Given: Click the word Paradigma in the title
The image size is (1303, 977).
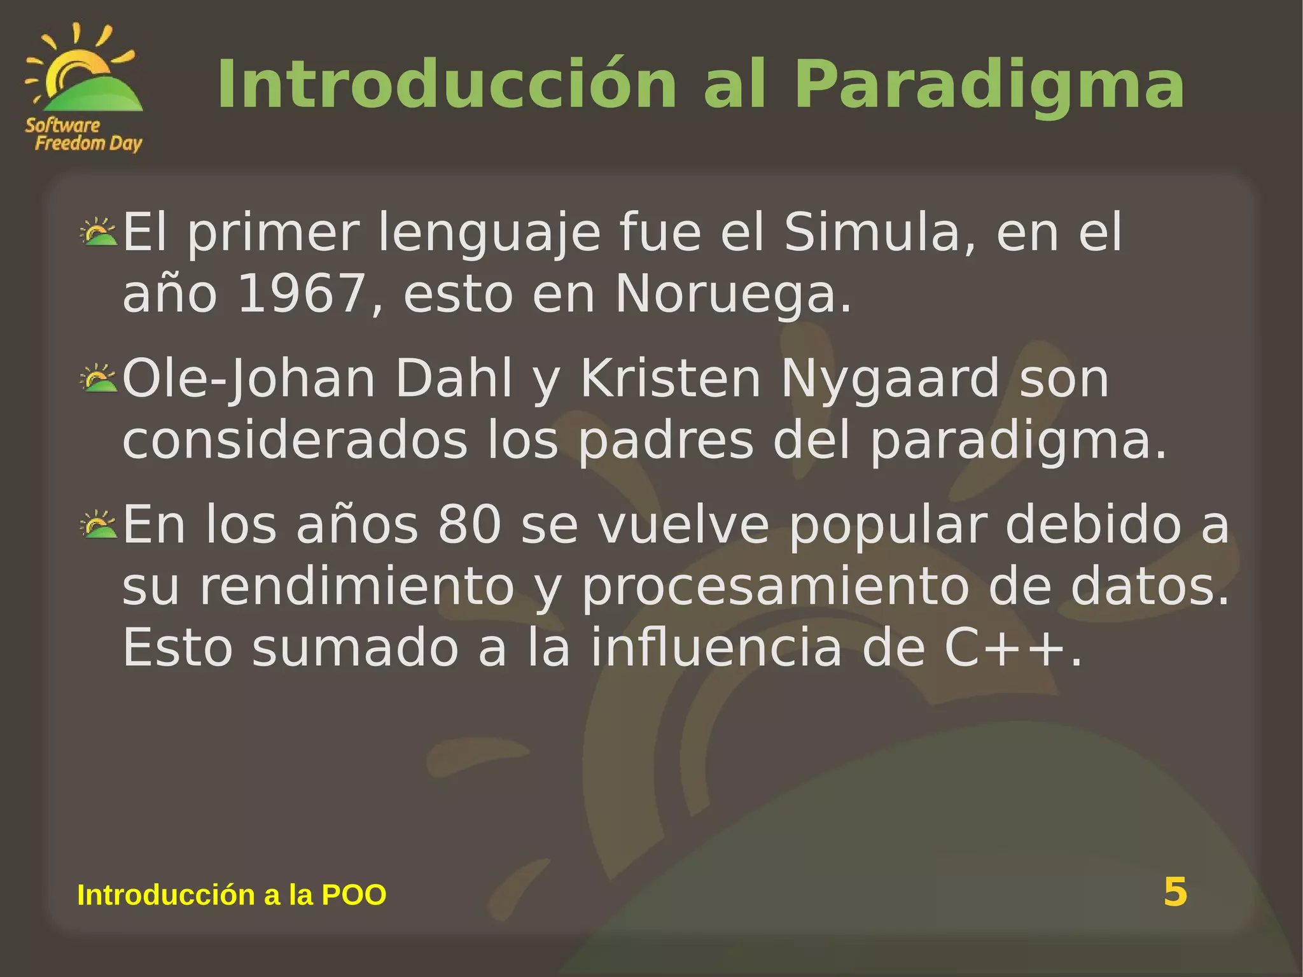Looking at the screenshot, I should tap(989, 85).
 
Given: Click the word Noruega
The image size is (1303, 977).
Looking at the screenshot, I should tap(732, 294).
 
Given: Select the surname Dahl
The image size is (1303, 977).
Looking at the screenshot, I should tap(454, 379).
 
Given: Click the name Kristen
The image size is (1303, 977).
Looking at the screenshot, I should tap(671, 379).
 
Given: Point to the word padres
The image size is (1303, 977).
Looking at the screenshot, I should tap(665, 440).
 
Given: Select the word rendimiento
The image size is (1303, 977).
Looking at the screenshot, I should tap(357, 587).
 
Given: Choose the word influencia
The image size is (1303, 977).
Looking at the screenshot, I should tap(716, 648).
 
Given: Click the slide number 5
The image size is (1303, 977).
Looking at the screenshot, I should tap(1175, 892).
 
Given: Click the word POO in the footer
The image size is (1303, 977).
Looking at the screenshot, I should tap(354, 895).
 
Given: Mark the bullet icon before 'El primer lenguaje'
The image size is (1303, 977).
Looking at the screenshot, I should tap(99, 232).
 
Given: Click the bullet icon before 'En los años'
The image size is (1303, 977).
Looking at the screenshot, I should tap(99, 524).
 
